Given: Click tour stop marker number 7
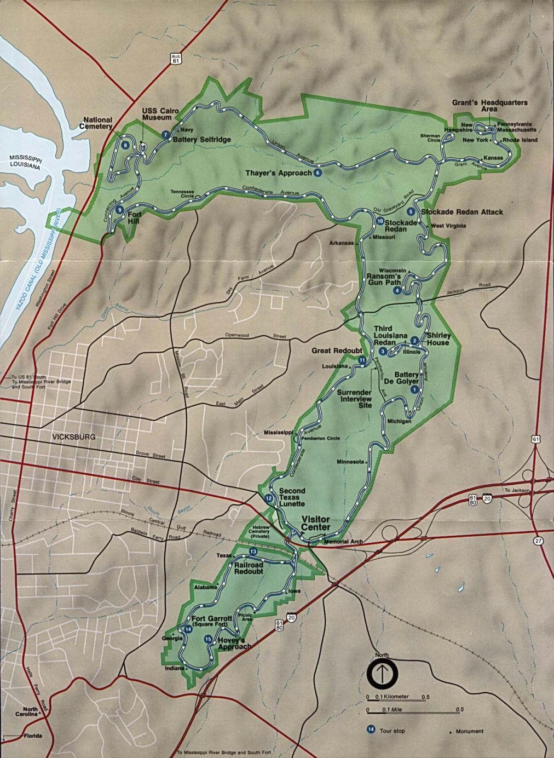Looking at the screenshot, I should [x=165, y=135].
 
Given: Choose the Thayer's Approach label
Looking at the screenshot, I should [x=278, y=173].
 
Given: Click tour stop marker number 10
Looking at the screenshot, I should [x=380, y=221].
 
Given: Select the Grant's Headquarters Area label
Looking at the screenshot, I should [x=489, y=106].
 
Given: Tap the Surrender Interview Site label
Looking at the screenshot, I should [x=354, y=399].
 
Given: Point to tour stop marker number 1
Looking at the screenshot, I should [x=414, y=389].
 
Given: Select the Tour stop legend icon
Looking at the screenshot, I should [x=371, y=729].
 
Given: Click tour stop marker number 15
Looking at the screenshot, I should [x=207, y=638].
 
